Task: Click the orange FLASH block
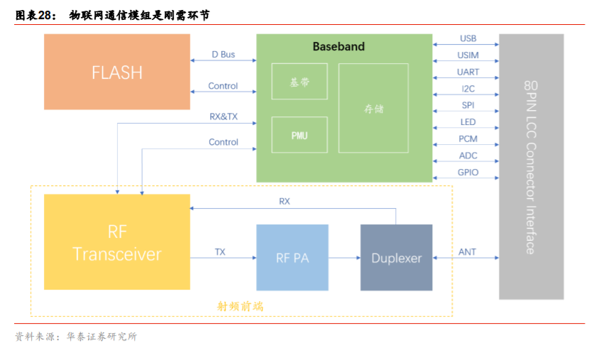(x=117, y=72)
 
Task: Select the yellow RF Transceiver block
(x=117, y=242)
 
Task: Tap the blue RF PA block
(x=292, y=258)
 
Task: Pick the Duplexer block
(x=396, y=258)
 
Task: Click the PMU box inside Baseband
(x=299, y=135)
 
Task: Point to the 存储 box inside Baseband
(x=373, y=109)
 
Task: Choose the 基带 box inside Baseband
(x=299, y=82)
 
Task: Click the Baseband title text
(x=338, y=47)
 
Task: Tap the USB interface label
(x=468, y=38)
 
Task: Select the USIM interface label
(x=468, y=55)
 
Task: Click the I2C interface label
(x=468, y=89)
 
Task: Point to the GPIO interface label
(x=468, y=173)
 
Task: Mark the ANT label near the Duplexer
(x=467, y=252)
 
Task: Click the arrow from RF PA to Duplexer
(x=344, y=258)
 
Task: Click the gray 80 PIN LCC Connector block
(x=531, y=166)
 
